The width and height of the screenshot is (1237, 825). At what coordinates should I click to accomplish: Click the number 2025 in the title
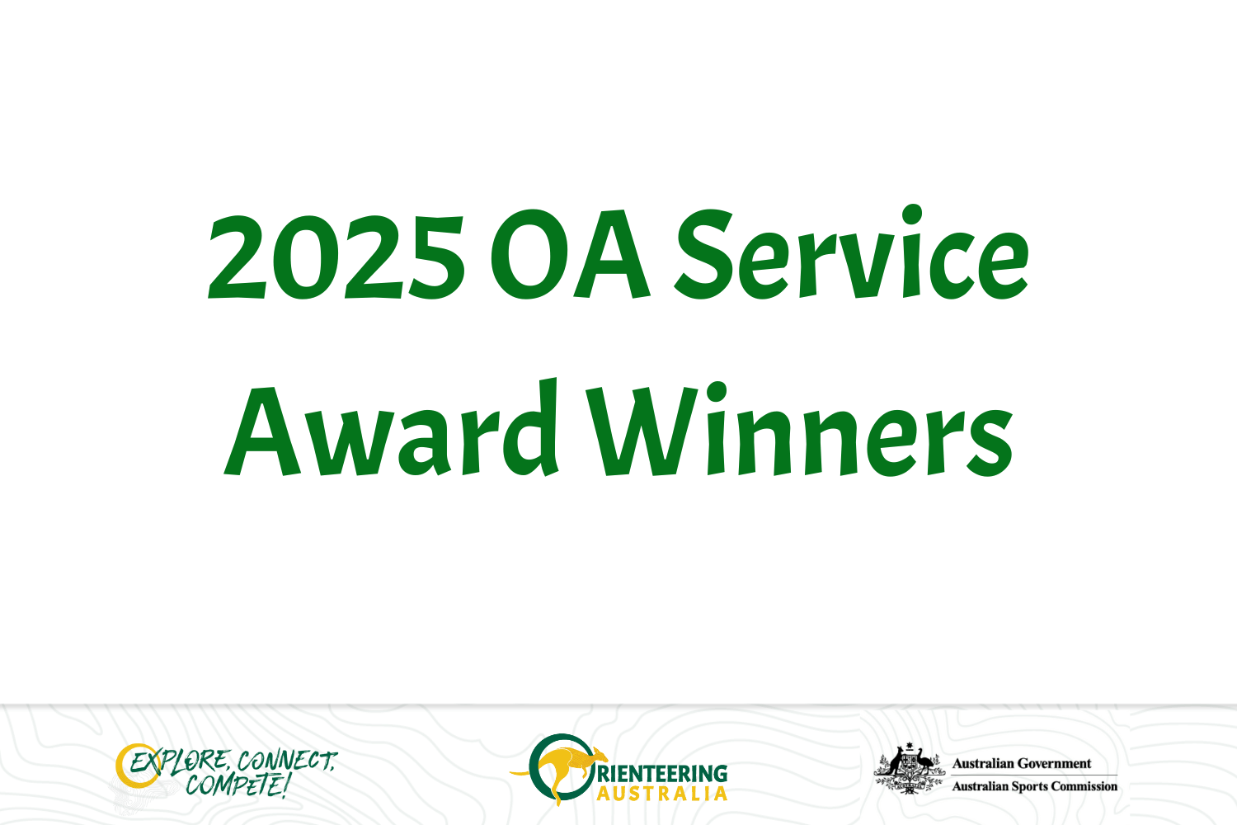[336, 257]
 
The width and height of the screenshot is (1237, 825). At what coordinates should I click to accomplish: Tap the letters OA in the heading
[570, 254]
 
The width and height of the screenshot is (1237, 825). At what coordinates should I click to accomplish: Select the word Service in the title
[851, 252]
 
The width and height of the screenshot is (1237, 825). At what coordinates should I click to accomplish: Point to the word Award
[391, 427]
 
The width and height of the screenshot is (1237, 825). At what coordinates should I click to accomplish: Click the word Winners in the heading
[799, 429]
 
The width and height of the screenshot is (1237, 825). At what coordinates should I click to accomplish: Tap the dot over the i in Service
[912, 214]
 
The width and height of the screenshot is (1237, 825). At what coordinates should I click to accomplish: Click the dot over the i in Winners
[717, 392]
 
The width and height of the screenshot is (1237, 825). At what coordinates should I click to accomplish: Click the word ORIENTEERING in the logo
[661, 774]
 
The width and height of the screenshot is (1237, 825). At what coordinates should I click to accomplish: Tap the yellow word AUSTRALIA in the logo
[661, 794]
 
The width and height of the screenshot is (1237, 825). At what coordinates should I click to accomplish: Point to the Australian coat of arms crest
[909, 769]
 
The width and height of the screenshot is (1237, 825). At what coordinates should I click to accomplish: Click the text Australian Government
[1022, 764]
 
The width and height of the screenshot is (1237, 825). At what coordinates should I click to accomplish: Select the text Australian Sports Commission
[1035, 786]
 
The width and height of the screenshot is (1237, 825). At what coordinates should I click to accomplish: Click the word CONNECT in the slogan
[287, 761]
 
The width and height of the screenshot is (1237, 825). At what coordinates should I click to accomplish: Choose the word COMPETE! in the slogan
[238, 785]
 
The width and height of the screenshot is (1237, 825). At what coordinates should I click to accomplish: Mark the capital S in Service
[703, 254]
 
